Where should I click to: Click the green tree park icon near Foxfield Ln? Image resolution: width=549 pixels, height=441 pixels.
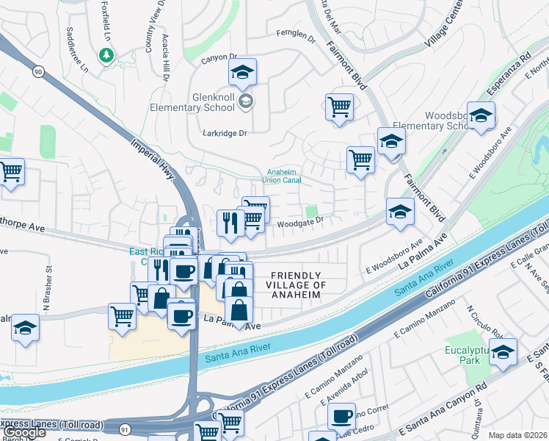click(x=106, y=54)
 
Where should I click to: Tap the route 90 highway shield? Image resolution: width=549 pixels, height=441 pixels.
click(x=37, y=71)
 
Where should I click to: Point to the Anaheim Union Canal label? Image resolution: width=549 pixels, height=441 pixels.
click(x=283, y=175)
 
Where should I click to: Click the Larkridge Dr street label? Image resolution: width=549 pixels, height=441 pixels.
click(x=225, y=133)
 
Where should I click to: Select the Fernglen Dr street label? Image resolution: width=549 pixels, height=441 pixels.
click(x=295, y=32)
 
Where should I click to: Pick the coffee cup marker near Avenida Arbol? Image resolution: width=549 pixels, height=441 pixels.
click(x=341, y=416)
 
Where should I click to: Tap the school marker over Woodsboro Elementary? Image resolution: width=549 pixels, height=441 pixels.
click(x=481, y=115)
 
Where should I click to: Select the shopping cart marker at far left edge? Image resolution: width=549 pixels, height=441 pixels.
click(x=10, y=173)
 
